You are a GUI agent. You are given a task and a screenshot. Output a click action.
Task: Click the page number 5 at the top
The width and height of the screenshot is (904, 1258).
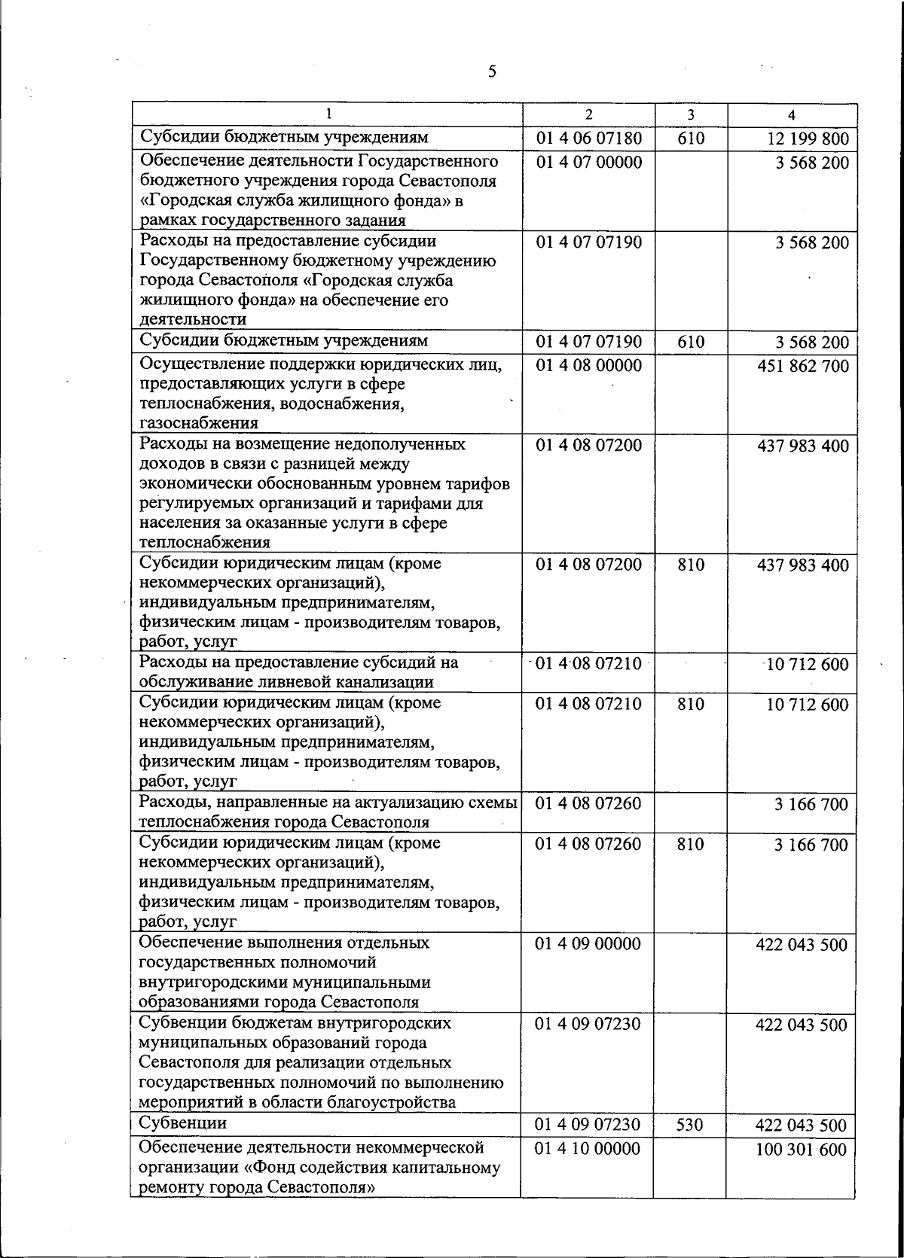[492, 72]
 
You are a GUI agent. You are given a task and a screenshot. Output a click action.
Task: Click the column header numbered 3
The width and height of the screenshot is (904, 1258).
[690, 115]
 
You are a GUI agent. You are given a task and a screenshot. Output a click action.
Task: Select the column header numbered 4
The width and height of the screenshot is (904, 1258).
[791, 115]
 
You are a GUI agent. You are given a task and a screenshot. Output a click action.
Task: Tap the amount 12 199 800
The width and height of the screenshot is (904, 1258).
[808, 139]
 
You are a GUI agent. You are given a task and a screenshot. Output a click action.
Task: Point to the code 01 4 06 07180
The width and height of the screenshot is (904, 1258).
[589, 139]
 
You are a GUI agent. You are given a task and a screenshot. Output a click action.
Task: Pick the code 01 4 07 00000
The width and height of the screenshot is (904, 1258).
[589, 163]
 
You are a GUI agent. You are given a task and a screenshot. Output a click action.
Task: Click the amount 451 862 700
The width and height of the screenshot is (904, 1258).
[803, 367]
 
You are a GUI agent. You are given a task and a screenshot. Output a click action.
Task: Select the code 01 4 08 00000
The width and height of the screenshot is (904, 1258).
[589, 366]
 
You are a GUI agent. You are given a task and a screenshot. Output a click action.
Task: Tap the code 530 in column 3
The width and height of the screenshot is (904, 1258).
[690, 1125]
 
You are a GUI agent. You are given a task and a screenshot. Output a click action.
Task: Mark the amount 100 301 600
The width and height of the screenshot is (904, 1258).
[802, 1150]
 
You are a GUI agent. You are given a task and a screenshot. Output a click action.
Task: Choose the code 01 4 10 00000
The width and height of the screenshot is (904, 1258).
[588, 1149]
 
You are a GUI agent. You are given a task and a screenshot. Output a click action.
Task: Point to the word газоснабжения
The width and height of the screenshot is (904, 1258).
[199, 423]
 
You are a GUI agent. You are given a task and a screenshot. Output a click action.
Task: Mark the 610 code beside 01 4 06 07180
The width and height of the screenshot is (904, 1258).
[690, 139]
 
